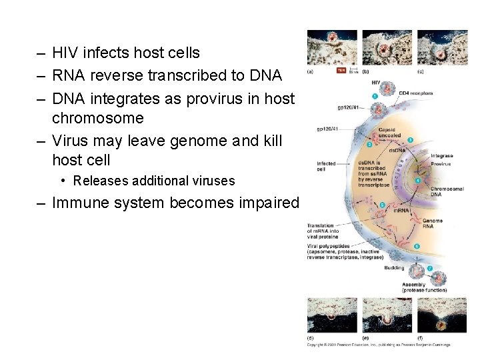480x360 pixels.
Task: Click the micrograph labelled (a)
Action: [x=322, y=47]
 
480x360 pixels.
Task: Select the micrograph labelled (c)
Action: [x=433, y=47]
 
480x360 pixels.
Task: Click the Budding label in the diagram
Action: [x=394, y=267]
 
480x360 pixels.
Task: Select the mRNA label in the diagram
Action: [x=400, y=211]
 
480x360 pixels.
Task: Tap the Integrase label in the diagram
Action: [x=441, y=156]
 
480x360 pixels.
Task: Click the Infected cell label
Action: [x=327, y=165]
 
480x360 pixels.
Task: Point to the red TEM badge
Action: [x=341, y=69]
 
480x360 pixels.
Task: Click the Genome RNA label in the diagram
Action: [x=432, y=223]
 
